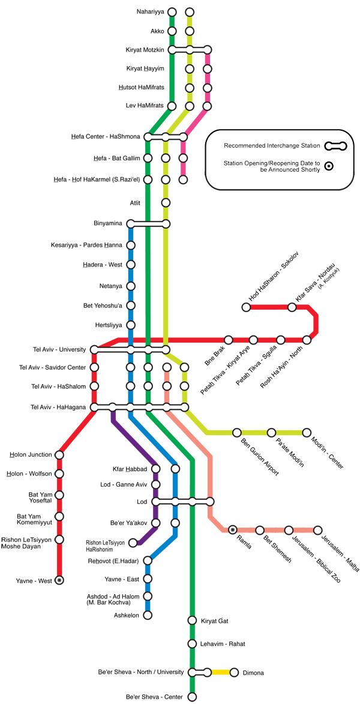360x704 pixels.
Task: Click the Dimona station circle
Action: point(234,672)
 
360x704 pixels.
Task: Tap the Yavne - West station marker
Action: point(59,580)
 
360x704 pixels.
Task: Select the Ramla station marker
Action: point(233,530)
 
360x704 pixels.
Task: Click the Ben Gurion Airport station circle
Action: point(236,432)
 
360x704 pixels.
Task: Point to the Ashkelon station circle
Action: point(147,615)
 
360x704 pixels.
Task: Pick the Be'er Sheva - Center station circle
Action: point(192,697)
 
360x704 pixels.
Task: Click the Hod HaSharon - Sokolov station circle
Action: point(246,307)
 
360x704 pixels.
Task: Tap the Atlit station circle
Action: point(166,202)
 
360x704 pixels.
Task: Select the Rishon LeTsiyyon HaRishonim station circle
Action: point(133,543)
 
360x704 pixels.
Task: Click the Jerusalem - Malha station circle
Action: point(318,530)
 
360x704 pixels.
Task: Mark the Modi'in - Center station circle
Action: point(307,432)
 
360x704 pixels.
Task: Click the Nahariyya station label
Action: point(151,12)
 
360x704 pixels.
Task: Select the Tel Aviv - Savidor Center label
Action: point(58,367)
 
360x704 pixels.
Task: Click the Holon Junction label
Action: point(31,455)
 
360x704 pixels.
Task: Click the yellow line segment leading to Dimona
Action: point(220,672)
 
